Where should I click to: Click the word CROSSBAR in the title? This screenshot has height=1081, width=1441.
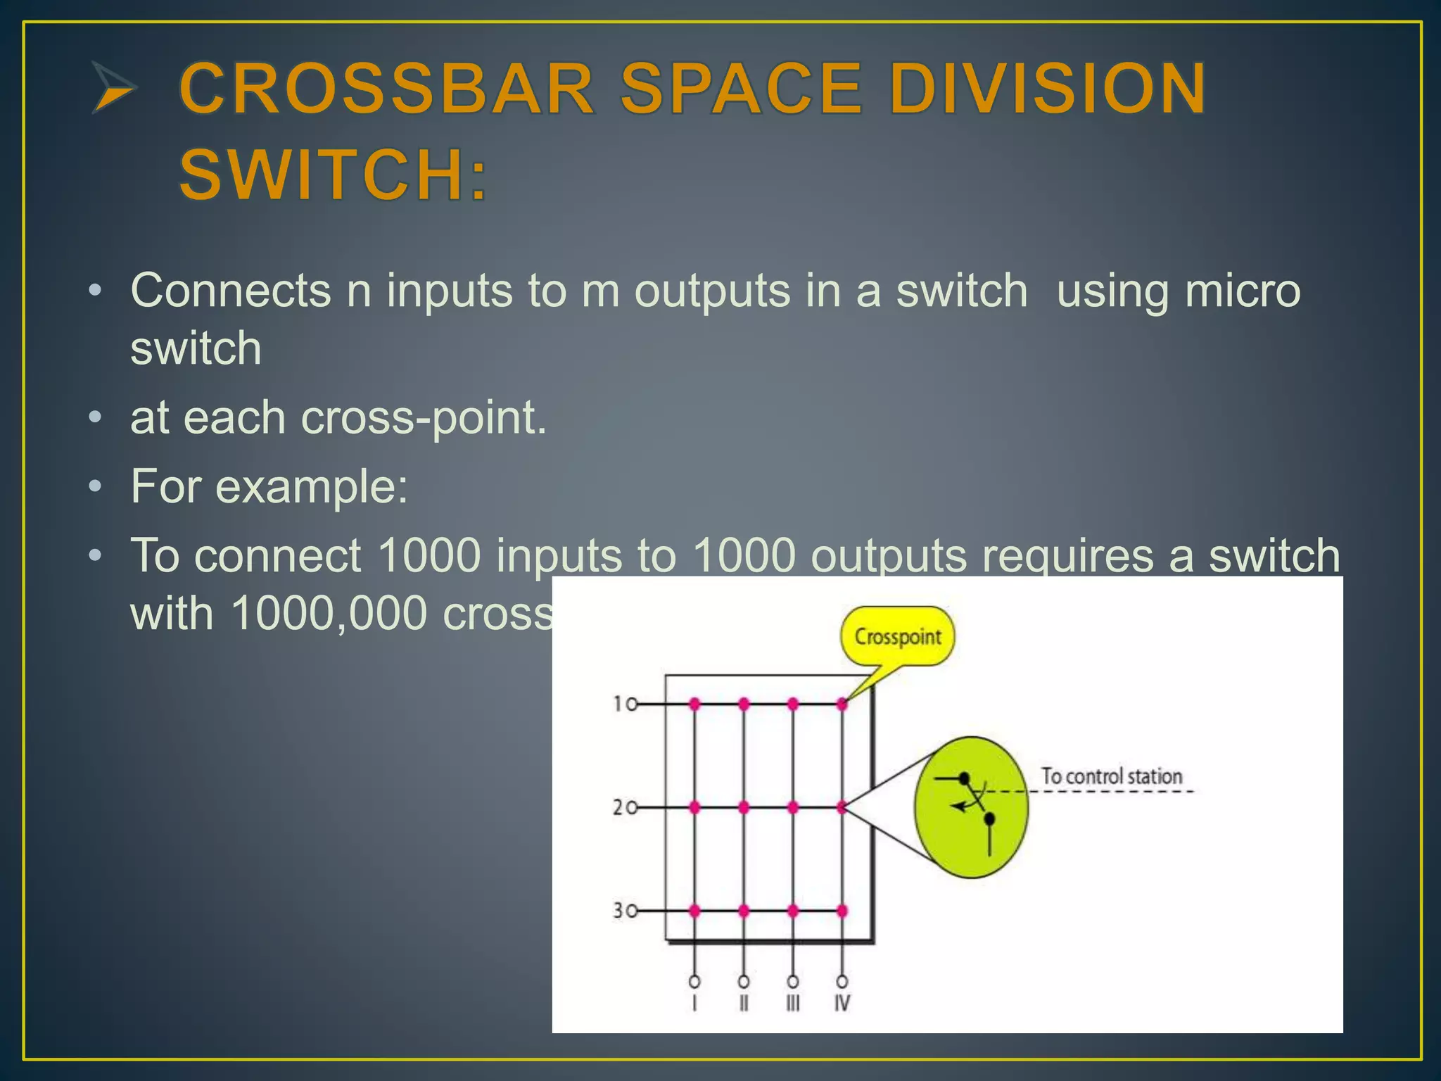click(387, 89)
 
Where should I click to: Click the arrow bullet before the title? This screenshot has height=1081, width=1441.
click(113, 88)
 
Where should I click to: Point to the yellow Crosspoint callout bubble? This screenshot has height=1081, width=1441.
click(897, 636)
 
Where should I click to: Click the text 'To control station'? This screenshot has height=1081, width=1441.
click(1111, 776)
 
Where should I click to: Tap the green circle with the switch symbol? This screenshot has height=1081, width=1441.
click(971, 807)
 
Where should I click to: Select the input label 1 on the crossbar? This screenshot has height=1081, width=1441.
click(618, 703)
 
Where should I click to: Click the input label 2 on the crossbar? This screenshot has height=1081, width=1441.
click(617, 807)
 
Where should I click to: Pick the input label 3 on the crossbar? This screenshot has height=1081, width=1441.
click(617, 911)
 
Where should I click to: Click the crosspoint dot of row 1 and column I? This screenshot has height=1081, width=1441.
click(694, 704)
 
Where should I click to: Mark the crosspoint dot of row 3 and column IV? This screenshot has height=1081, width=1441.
click(842, 911)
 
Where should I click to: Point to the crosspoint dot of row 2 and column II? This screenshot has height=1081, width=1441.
click(744, 808)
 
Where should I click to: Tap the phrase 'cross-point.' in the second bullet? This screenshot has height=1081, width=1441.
click(424, 418)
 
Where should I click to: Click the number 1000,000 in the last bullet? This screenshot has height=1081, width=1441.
click(328, 613)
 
